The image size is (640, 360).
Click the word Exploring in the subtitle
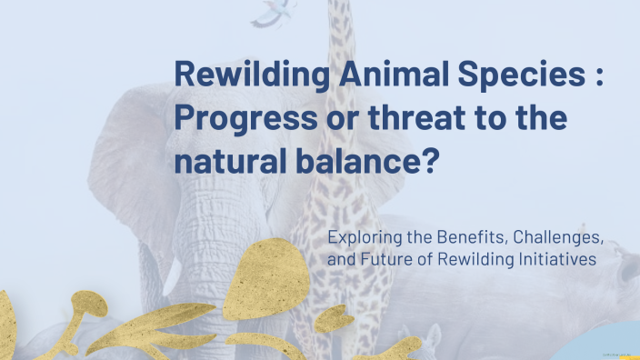point(363,239)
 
